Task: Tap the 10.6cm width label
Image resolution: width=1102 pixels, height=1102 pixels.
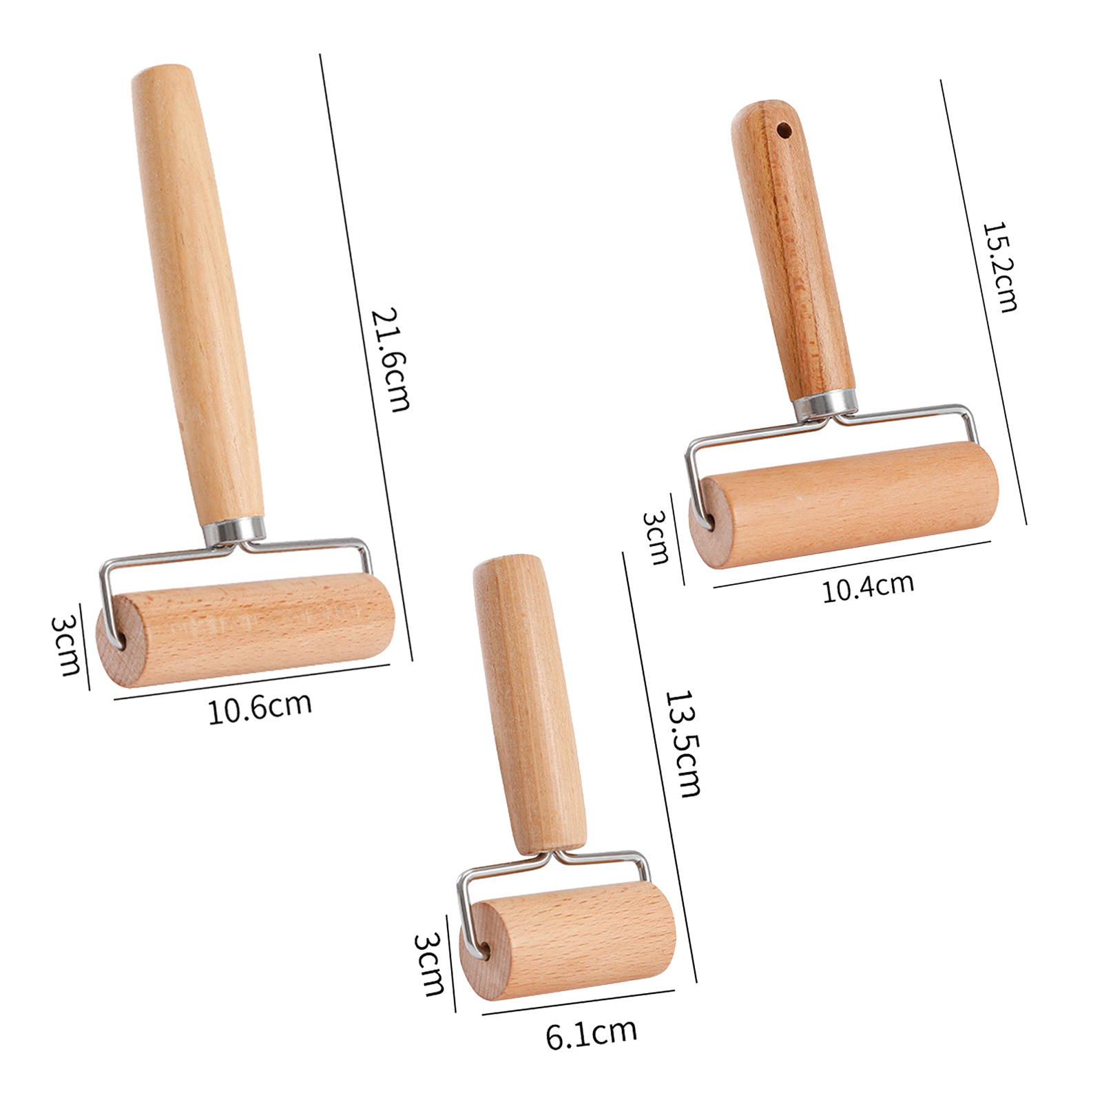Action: (260, 707)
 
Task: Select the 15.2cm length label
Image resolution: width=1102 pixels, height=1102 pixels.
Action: (999, 267)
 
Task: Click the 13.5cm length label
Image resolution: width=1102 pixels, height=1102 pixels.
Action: (683, 743)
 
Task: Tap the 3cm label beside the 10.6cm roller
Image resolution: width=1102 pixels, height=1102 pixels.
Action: (66, 645)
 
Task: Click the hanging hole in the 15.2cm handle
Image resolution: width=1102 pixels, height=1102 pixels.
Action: (783, 129)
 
